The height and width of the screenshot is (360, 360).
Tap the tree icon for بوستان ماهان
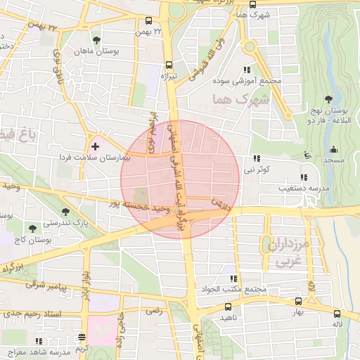[x=96, y=40]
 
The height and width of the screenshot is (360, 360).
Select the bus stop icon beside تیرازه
[x=167, y=62]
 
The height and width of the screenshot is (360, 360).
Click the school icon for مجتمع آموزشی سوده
[x=246, y=69]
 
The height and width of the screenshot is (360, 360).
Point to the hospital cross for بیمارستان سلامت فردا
[x=95, y=146]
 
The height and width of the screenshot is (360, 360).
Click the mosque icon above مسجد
[x=333, y=149]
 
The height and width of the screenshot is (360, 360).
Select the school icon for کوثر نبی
[x=256, y=158]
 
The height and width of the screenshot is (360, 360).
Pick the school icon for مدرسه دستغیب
[x=303, y=177]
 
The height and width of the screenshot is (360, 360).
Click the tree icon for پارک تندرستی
[x=65, y=211]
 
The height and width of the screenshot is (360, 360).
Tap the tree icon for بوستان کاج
[x=32, y=228]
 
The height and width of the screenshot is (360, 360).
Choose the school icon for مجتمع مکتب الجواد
[x=232, y=278]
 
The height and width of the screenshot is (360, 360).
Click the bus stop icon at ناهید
[x=227, y=307]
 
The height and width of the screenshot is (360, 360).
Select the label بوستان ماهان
[x=96, y=52]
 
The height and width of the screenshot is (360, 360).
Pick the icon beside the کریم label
[x=82, y=337]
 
